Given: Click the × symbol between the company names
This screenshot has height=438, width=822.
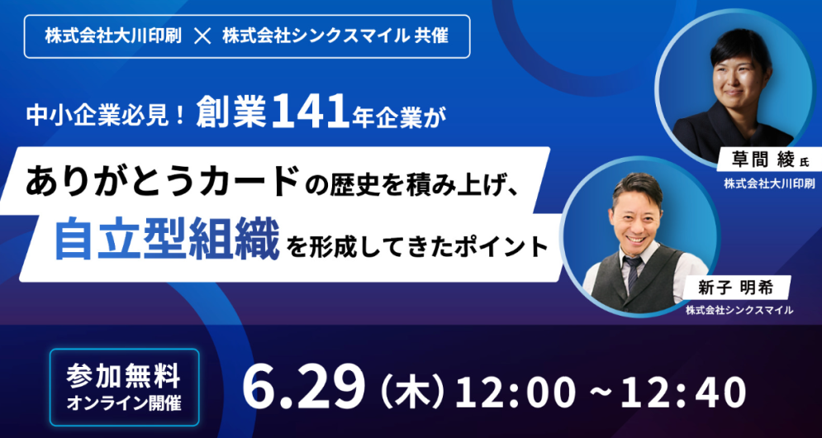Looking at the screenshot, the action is (202, 37).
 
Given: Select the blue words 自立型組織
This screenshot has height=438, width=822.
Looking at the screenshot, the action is (167, 242).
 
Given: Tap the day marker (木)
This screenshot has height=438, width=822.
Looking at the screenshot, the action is (411, 393).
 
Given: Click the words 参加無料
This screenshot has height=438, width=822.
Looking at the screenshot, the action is (124, 376).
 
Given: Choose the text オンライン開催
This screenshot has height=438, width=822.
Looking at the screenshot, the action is (124, 404).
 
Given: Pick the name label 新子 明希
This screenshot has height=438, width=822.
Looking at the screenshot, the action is (730, 287).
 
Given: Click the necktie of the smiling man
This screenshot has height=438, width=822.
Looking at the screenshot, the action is (632, 272).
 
